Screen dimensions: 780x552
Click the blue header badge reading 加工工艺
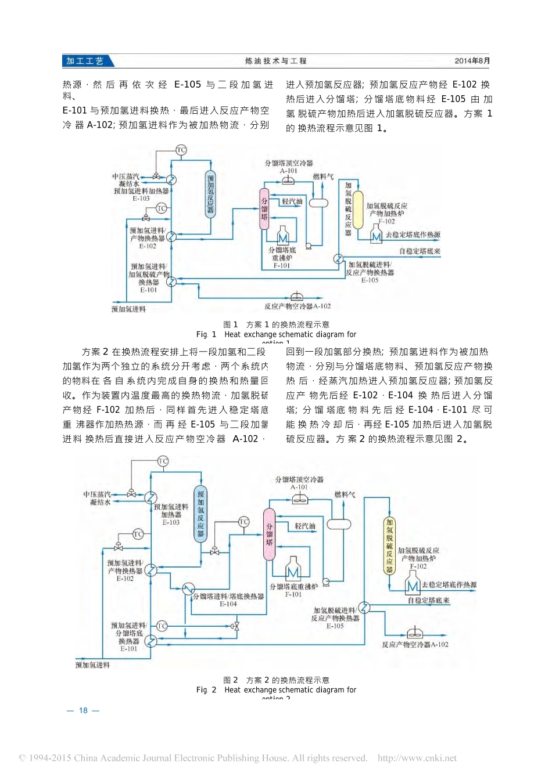pyautogui.click(x=85, y=61)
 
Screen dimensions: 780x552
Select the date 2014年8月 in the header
pyautogui.click(x=472, y=61)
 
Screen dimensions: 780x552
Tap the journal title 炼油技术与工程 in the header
pyautogui.click(x=275, y=61)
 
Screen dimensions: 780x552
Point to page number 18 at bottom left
pyautogui.click(x=83, y=710)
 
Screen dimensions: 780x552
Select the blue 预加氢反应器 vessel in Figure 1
pyautogui.click(x=210, y=194)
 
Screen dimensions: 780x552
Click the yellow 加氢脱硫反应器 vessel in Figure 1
pyautogui.click(x=358, y=210)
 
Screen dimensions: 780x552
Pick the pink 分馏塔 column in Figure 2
pyautogui.click(x=269, y=534)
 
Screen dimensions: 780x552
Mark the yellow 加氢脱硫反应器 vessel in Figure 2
pyautogui.click(x=389, y=546)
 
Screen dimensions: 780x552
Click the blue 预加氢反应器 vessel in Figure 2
pyautogui.click(x=200, y=514)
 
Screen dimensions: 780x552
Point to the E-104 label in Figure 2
pyautogui.click(x=228, y=604)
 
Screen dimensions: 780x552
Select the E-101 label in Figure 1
pyautogui.click(x=148, y=290)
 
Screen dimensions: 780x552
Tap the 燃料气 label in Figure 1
pyautogui.click(x=323, y=176)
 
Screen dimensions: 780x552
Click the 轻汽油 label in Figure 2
pyautogui.click(x=305, y=526)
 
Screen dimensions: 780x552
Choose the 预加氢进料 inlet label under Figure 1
pyautogui.click(x=128, y=309)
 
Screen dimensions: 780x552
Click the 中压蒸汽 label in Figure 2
pyautogui.click(x=96, y=494)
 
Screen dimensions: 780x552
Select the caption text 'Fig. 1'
pyautogui.click(x=206, y=334)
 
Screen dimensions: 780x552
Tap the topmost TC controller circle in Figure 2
pyautogui.click(x=163, y=461)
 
